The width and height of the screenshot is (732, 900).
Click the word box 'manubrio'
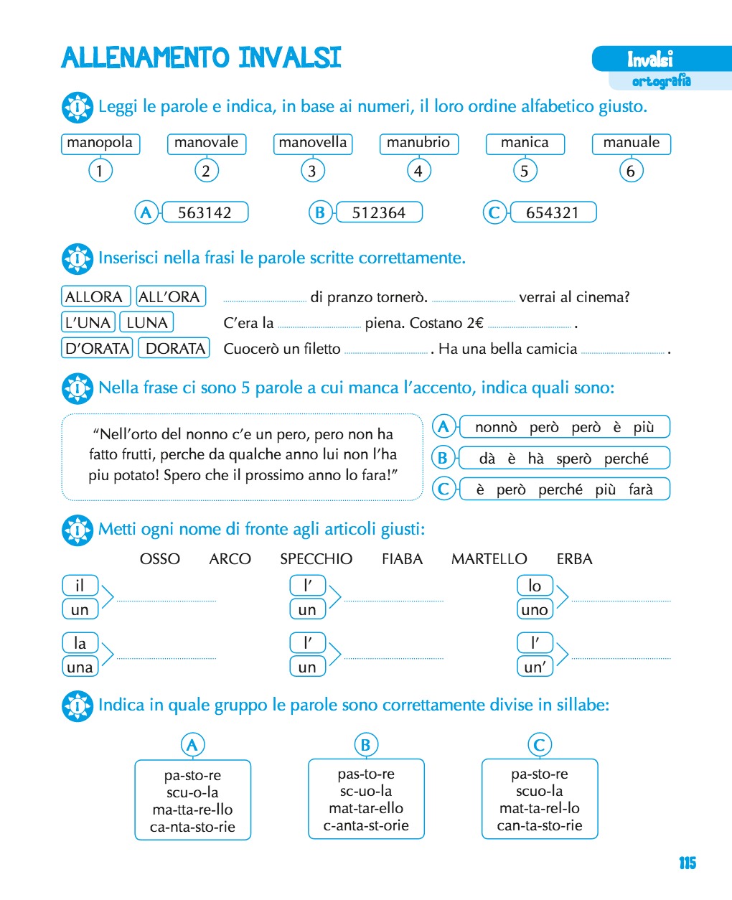(x=418, y=144)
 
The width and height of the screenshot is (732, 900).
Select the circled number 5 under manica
(x=525, y=171)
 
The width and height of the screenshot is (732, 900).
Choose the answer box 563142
(x=205, y=212)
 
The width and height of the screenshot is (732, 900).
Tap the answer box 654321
(x=553, y=212)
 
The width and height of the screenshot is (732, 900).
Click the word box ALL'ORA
(x=171, y=296)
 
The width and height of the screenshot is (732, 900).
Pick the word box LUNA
(x=147, y=322)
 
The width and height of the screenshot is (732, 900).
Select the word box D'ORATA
(x=97, y=348)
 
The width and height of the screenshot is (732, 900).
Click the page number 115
(x=687, y=863)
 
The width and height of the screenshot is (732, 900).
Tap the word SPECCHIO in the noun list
(x=316, y=559)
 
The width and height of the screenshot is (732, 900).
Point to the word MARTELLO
(x=489, y=559)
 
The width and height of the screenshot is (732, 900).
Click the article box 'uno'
(x=535, y=609)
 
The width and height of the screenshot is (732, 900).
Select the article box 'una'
(x=80, y=667)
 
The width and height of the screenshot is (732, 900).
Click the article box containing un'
(x=535, y=667)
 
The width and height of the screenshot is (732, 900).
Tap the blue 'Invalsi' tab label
(x=650, y=59)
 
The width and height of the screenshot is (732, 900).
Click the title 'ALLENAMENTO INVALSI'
(x=201, y=57)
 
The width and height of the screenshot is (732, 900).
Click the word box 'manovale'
(x=206, y=144)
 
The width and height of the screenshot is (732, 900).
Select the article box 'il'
(x=80, y=586)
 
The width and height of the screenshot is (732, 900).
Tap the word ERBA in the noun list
(x=574, y=559)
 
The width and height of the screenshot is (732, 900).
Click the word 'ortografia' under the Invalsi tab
(x=661, y=81)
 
